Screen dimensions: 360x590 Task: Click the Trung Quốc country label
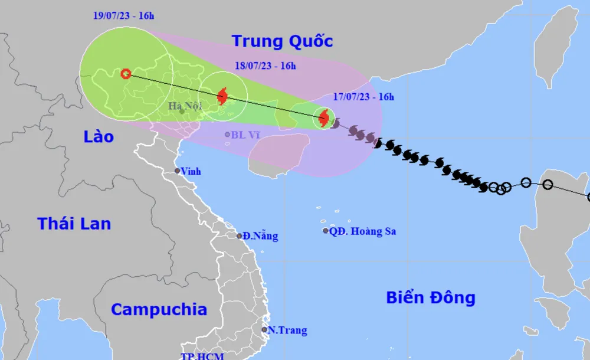pos(282,41)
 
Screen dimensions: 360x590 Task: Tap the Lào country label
pos(98,137)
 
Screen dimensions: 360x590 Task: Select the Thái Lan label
pos(74,224)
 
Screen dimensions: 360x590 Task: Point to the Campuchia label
pos(159,309)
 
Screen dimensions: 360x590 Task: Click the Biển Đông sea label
pos(431,297)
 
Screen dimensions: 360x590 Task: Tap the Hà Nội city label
pos(185,106)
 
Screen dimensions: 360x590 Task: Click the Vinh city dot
pos(177,171)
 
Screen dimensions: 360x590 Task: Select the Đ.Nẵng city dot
pos(240,236)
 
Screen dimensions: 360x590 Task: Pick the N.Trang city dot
pos(264,330)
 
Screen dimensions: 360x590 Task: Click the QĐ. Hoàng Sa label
pos(362,231)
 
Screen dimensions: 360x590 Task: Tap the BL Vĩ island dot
pos(227,135)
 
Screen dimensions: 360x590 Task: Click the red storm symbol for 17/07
pos(323,118)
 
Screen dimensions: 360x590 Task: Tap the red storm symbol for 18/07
pos(222,96)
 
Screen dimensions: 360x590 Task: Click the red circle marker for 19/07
pos(126,74)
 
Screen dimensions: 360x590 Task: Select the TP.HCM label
pos(202,356)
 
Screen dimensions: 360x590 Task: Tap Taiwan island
pos(554,47)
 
